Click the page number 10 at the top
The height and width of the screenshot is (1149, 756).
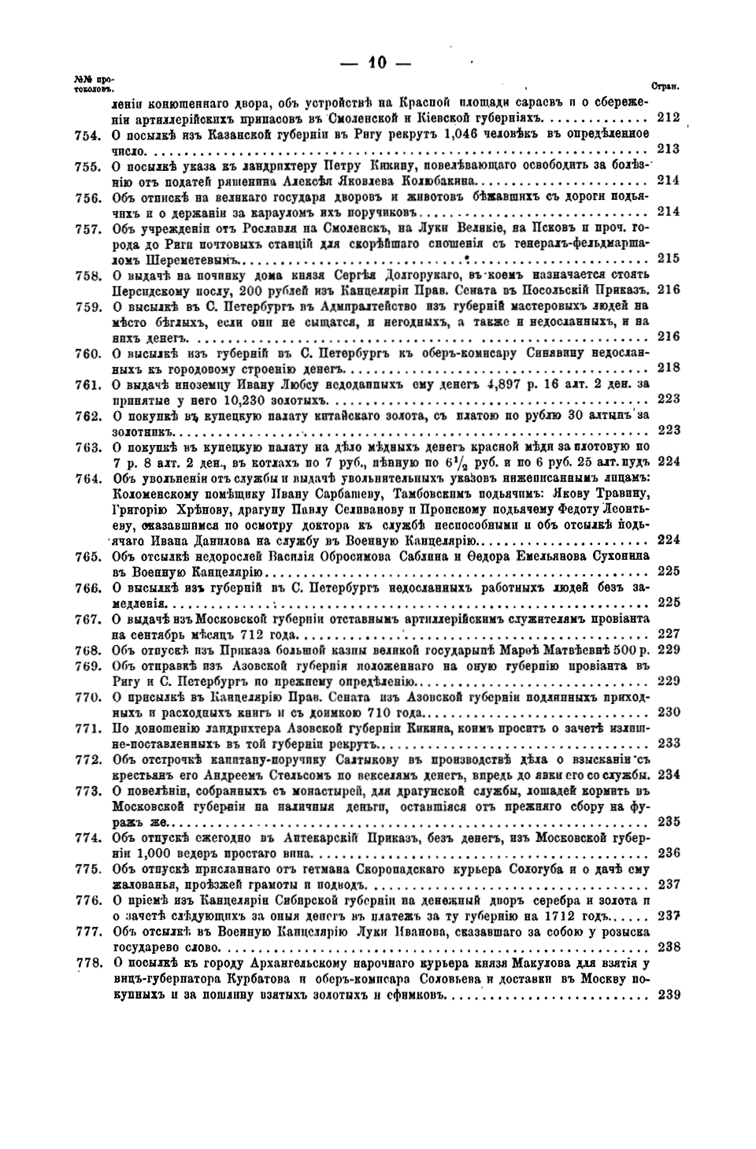click(x=379, y=65)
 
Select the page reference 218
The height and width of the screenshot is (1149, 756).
click(x=668, y=367)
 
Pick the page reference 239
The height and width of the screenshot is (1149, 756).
click(x=668, y=994)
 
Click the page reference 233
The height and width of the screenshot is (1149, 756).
click(x=668, y=743)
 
